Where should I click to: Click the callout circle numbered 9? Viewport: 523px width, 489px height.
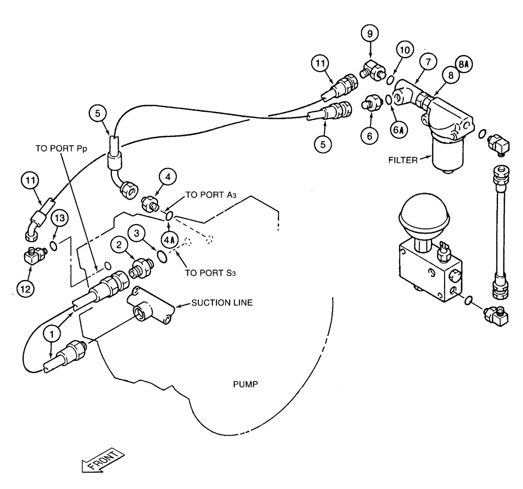(370, 34)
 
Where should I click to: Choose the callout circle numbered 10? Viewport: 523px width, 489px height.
(404, 51)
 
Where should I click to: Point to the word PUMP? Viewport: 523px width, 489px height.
(246, 385)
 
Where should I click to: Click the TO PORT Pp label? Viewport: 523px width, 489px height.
(61, 148)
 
